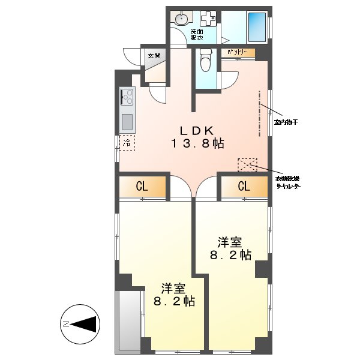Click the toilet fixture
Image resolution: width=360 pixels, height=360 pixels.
click(205, 61)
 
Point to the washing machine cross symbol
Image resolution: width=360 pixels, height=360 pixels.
click(209, 19)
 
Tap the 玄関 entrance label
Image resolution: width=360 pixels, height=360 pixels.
click(154, 56)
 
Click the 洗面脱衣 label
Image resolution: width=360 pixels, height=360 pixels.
click(197, 35)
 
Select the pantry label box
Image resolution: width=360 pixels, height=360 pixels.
click(238, 53)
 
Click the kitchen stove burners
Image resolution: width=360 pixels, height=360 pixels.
click(128, 96)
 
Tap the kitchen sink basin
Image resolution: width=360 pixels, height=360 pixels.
click(127, 122)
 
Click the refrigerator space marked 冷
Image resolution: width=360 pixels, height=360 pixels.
click(127, 144)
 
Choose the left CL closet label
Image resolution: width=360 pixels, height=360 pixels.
click(142, 187)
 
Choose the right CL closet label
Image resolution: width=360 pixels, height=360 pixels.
click(244, 187)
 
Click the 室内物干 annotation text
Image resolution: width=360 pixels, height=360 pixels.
click(287, 122)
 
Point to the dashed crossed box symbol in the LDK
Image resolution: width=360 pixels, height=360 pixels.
click(247, 165)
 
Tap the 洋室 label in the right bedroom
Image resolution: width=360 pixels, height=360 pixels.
click(229, 242)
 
